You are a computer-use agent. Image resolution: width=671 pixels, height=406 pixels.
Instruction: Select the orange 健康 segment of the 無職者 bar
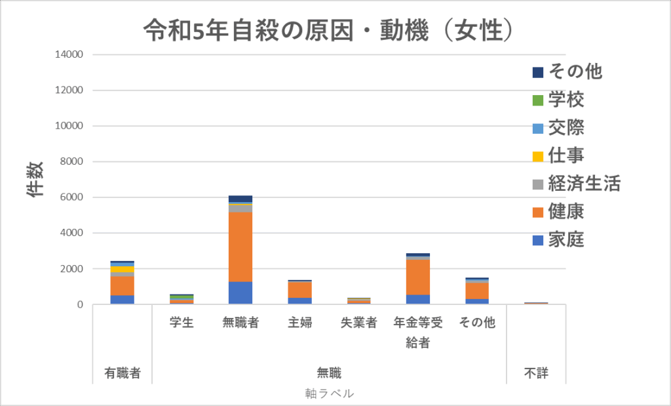click(x=240, y=246)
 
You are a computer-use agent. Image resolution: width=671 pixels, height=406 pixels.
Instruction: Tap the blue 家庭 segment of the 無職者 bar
click(x=240, y=293)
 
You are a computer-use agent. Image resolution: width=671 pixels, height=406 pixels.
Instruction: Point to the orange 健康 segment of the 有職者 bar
click(x=123, y=286)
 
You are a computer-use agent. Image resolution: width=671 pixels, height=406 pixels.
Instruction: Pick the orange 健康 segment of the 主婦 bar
click(x=299, y=289)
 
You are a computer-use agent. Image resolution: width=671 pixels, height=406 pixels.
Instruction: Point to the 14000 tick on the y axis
click(x=69, y=54)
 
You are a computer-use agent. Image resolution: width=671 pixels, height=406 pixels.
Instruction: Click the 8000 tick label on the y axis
click(x=72, y=162)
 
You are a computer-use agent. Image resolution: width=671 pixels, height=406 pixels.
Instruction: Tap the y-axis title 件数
click(x=35, y=178)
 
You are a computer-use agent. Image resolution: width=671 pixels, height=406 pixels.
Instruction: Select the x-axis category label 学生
click(x=182, y=323)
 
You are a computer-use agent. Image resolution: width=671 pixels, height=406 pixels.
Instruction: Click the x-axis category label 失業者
click(x=358, y=323)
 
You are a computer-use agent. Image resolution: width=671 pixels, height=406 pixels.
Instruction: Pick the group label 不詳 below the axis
click(x=536, y=374)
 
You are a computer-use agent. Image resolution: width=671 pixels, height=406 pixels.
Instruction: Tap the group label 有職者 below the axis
click(x=123, y=374)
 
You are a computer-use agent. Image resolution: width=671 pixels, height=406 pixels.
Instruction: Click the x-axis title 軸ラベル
click(x=330, y=394)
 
